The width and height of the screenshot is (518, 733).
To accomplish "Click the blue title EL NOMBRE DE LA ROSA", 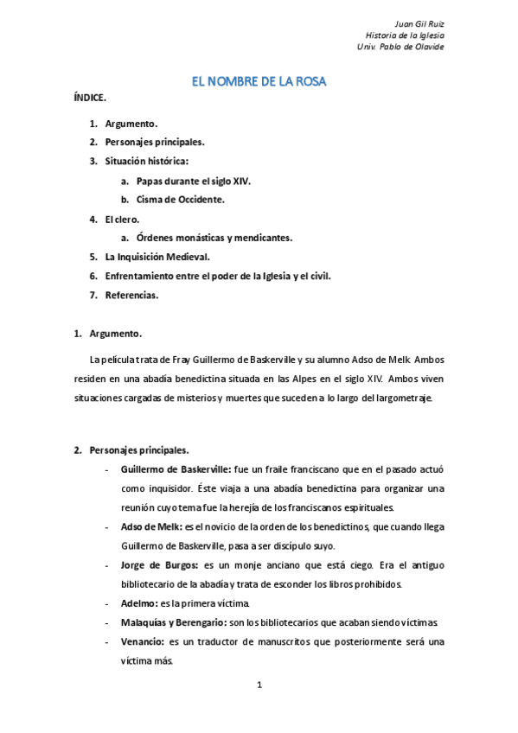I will point(258,81).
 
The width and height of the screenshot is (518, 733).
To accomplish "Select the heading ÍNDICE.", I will point(90,99).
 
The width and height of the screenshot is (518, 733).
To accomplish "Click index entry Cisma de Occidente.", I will point(174,200).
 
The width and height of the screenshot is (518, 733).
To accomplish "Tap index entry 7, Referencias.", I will point(131,295).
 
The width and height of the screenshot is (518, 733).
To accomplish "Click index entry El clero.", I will point(122,219).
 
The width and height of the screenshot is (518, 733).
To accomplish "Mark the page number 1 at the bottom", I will point(259,685).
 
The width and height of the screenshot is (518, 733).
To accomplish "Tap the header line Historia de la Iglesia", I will point(405,35).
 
